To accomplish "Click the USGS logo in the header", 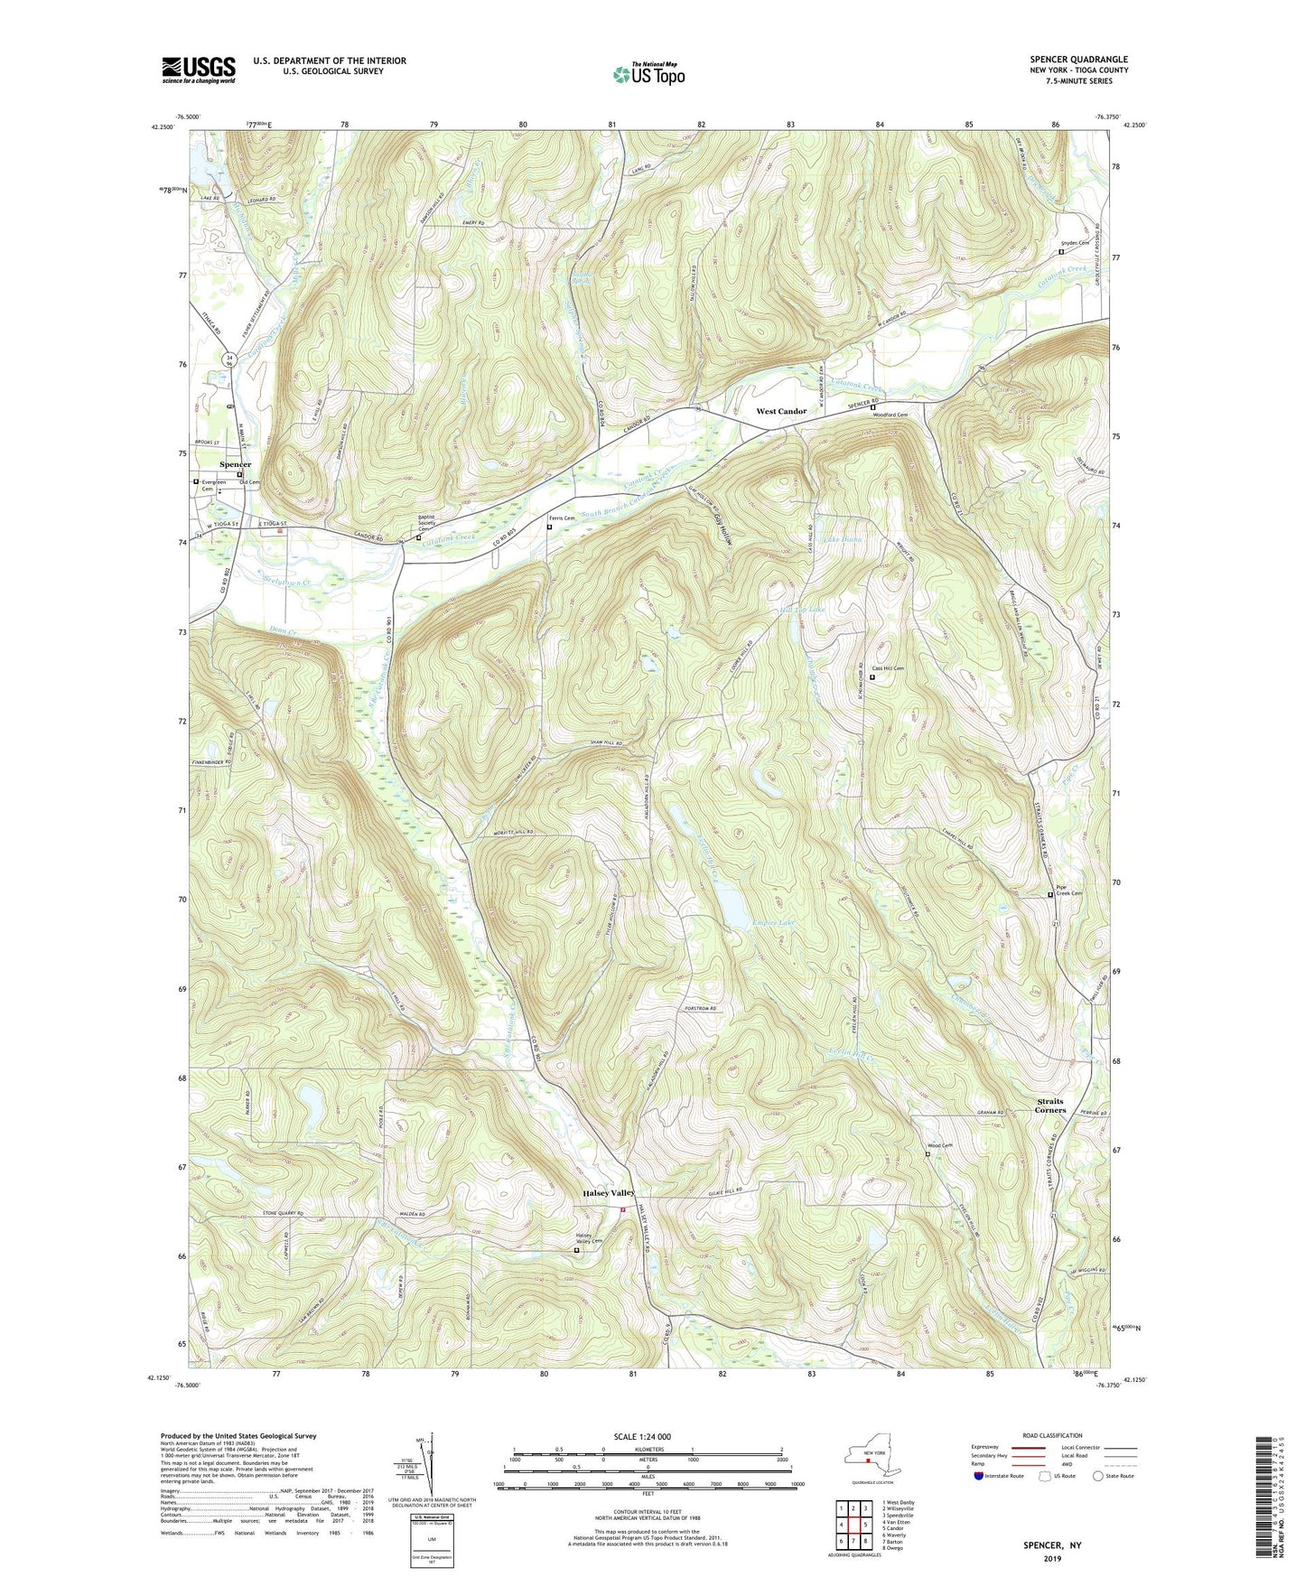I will point(199,69).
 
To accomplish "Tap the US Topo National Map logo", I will point(648,74).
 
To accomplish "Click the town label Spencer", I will point(235,464).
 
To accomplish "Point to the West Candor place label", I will point(781,411).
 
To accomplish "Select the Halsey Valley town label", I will point(608,1193).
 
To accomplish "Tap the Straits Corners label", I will point(1049,1106).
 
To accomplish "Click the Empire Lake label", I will point(775,923).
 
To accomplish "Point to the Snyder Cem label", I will point(1075,243).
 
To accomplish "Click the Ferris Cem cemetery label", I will point(563,518).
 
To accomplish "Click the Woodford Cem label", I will point(889,415).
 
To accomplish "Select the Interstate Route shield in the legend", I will point(979,1476).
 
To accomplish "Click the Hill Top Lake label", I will point(801,611).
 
